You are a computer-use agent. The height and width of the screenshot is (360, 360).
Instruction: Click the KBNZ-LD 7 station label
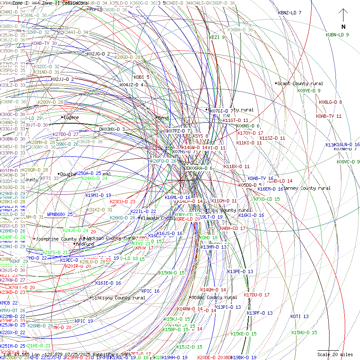[290, 13]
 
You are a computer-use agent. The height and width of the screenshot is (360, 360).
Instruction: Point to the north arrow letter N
[343, 27]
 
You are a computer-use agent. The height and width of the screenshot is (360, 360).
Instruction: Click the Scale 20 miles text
[335, 354]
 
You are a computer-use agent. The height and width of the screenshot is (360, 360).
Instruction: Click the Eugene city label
[71, 117]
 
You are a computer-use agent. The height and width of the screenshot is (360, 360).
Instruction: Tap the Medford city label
[84, 244]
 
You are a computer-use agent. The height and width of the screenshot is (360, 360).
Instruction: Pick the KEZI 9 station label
[217, 37]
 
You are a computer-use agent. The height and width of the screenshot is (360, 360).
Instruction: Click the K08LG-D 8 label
[330, 102]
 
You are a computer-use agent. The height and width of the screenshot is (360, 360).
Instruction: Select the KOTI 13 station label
[299, 316]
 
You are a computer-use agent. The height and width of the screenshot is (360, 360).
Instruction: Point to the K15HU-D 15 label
[304, 332]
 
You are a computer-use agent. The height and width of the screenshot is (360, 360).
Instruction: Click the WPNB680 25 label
[60, 214]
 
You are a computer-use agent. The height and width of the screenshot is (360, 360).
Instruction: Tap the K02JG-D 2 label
[98, 54]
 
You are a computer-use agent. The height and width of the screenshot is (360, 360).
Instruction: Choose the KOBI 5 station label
[141, 77]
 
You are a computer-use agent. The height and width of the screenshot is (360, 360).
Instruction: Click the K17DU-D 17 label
[257, 295]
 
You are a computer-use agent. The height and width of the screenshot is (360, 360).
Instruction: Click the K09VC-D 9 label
[348, 162]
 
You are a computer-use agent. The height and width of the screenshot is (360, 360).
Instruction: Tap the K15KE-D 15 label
[244, 334]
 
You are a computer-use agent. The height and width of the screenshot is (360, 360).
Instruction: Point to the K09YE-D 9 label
[309, 90]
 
